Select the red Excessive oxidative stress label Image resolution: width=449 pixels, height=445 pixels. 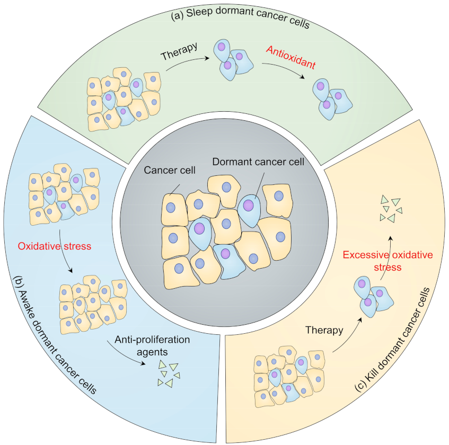(388, 261)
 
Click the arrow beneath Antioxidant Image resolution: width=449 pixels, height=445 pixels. (284, 69)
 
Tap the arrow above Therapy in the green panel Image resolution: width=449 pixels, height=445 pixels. (186, 57)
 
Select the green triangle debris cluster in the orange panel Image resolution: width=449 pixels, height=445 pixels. (389, 209)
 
